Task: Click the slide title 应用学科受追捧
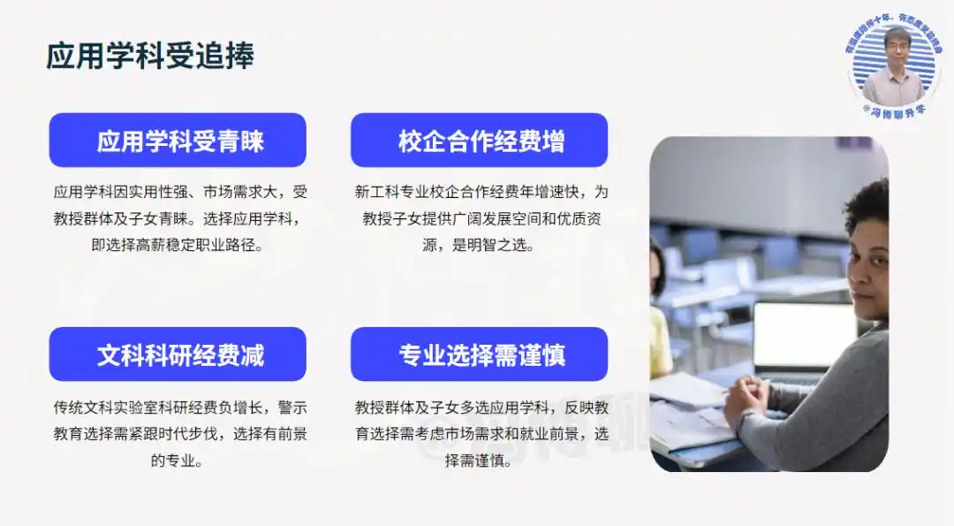pos(150,56)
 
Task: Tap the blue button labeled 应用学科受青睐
pos(178,141)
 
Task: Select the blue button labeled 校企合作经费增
pos(480,141)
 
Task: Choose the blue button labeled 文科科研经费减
pos(178,354)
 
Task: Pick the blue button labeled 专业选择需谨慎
pos(480,354)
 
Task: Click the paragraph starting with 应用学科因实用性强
pos(180,218)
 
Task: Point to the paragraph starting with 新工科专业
pos(481,218)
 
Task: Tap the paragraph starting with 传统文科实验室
pos(180,433)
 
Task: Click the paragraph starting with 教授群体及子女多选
pos(481,433)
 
